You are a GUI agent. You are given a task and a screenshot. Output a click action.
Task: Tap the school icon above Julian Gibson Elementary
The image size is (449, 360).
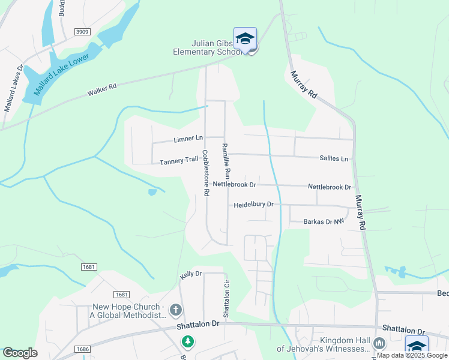tap(245, 38)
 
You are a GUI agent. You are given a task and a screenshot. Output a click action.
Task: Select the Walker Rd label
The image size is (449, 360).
tap(101, 90)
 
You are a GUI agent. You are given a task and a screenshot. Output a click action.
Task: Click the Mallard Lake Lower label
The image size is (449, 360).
tap(61, 75)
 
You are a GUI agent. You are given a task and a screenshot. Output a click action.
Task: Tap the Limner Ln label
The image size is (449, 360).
tap(188, 139)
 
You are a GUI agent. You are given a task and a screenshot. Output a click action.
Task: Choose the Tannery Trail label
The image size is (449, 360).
tap(179, 160)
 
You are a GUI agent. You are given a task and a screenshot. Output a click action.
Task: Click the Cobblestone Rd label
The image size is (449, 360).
tap(205, 173)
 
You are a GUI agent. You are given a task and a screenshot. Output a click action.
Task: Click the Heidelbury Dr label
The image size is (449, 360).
tap(253, 205)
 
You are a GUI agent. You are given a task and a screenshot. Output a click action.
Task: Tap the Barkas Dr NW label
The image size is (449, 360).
tap(324, 221)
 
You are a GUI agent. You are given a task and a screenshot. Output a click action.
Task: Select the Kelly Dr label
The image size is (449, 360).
tap(190, 274)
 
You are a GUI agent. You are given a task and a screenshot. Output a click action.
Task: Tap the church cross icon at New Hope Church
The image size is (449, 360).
tap(176, 310)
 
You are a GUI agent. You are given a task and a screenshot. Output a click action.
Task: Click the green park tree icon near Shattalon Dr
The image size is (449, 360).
tap(188, 341)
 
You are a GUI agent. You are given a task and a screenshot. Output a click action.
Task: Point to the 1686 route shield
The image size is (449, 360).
tap(82, 349)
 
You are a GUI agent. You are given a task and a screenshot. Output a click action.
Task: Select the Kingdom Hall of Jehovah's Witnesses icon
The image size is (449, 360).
tap(379, 343)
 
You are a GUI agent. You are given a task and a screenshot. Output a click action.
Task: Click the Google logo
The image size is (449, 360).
tap(20, 353)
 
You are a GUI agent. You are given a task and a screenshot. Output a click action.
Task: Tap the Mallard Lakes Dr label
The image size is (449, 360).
tap(13, 89)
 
